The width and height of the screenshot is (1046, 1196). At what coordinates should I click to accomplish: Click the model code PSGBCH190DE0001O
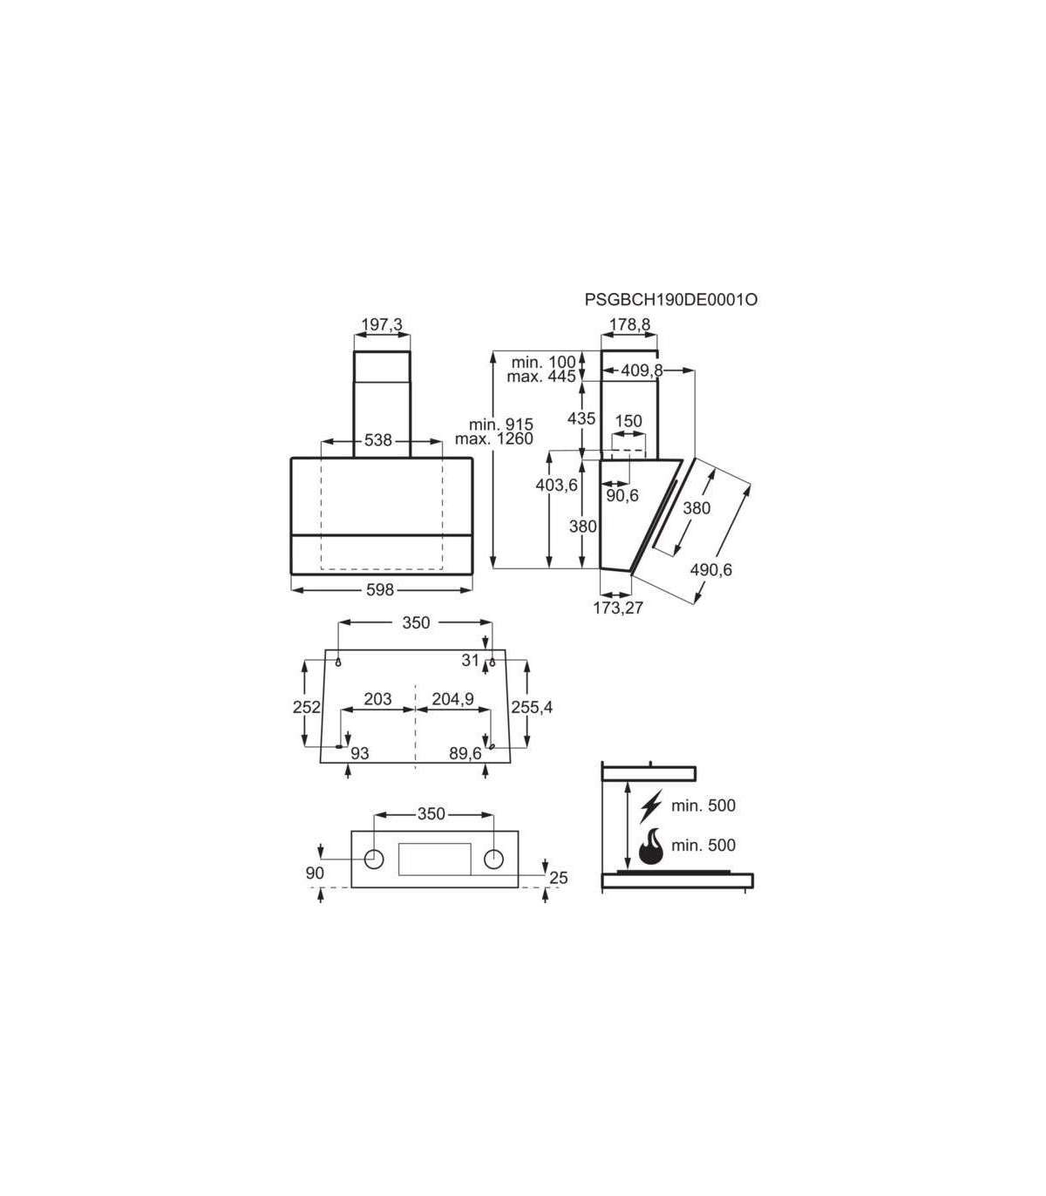coord(671,300)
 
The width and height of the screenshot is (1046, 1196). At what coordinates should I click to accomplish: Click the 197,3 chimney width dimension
coord(382,324)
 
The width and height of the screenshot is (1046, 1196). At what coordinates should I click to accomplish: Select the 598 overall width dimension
coord(380,590)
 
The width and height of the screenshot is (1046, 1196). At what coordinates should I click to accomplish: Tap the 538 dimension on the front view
coord(378,439)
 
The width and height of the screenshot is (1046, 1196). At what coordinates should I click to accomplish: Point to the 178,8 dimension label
coord(630,324)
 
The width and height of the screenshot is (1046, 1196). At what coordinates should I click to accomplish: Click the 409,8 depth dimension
coord(642,370)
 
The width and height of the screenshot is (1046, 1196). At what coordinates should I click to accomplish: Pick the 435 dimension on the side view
coord(581,418)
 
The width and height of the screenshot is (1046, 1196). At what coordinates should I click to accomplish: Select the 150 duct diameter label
coord(628,421)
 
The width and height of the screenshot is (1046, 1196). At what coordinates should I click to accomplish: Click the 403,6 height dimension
coord(556,485)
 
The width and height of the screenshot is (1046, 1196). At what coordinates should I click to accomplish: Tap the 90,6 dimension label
coord(622,496)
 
